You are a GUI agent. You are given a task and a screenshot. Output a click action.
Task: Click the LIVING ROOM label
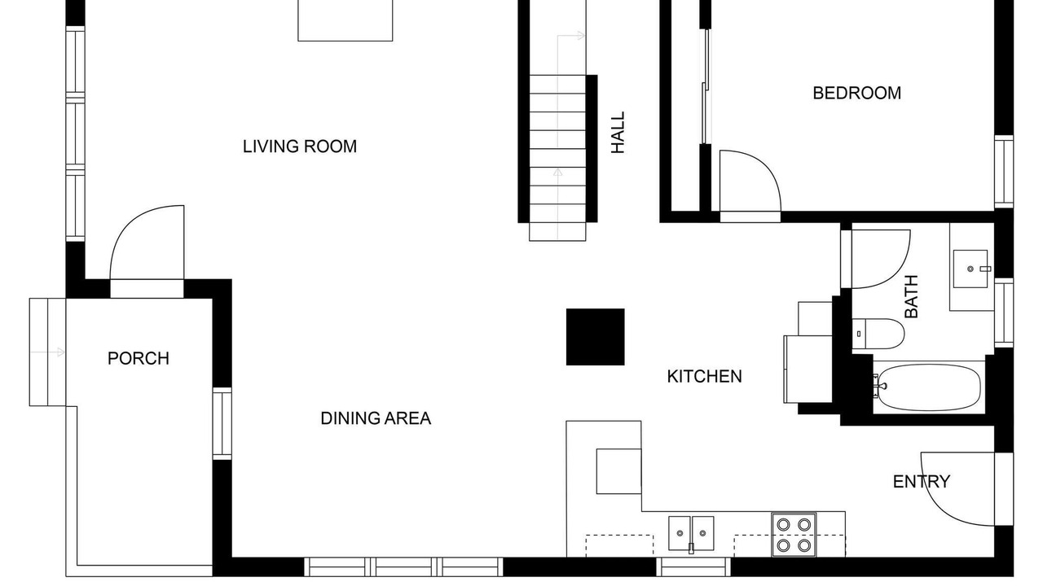coord(299,146)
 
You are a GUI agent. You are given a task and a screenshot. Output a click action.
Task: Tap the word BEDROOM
coord(856,93)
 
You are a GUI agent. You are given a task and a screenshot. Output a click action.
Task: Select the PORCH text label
coord(139,359)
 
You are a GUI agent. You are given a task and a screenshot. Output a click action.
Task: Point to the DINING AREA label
coord(376,418)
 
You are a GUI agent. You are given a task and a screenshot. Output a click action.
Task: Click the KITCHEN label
coord(705,376)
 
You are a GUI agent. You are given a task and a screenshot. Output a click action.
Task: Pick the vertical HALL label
coord(618,133)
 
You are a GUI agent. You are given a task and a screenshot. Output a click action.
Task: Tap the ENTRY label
coord(922,481)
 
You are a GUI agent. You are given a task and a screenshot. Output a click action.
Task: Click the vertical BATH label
coord(911,296)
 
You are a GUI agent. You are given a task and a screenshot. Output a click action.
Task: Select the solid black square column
coord(595,337)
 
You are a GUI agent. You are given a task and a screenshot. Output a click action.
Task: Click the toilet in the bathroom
coord(878,334)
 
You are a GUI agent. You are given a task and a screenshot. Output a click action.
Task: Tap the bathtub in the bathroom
coord(928,387)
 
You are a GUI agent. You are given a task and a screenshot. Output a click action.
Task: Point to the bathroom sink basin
coord(970,269)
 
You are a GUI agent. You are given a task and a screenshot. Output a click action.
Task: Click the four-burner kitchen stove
coord(794,535)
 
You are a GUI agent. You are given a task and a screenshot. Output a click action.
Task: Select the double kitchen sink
coord(692,533)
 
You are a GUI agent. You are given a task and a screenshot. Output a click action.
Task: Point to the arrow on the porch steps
coord(47,352)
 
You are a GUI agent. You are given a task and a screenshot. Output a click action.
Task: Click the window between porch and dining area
coord(222,424)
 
